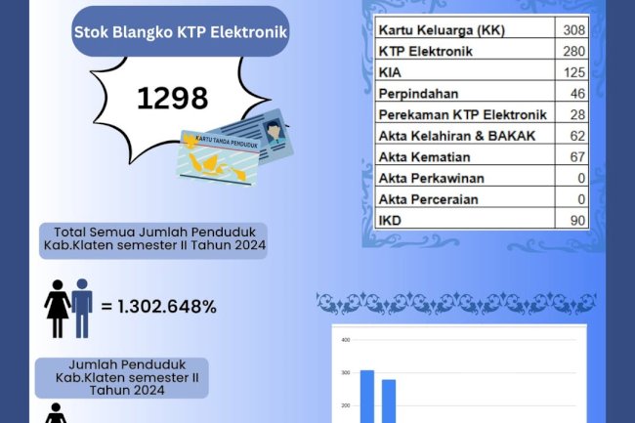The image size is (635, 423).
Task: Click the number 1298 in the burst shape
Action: point(173,99)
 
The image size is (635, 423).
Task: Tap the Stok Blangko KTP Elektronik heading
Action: point(180,32)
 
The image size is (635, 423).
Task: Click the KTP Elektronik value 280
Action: point(572,51)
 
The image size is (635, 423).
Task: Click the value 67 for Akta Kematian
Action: point(576,157)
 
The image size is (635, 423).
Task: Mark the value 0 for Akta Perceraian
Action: point(580,199)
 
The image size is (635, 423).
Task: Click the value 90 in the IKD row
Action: point(576,221)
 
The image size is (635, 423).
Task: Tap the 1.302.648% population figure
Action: point(166,306)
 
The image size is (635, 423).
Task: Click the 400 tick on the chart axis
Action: point(344,340)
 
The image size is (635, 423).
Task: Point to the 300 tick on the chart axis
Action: point(344,372)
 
